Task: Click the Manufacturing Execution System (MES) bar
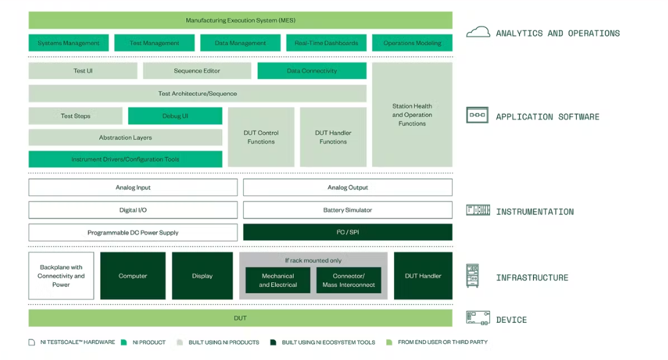click(240, 20)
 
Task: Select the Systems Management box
click(68, 43)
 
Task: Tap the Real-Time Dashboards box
click(326, 43)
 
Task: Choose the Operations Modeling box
click(412, 43)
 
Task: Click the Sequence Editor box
click(197, 70)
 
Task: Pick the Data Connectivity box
click(312, 70)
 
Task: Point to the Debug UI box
click(175, 116)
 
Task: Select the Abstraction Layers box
click(125, 137)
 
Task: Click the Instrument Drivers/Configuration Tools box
click(125, 159)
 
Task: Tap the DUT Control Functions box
click(261, 137)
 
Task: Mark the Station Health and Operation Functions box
click(412, 114)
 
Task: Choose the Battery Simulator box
click(348, 210)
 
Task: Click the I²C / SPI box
click(348, 232)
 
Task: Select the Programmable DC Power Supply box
click(133, 232)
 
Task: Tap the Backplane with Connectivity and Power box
click(61, 276)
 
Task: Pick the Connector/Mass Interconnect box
click(348, 280)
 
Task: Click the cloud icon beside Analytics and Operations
click(478, 32)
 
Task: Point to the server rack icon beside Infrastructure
click(473, 276)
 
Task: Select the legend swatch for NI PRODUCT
click(124, 342)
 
